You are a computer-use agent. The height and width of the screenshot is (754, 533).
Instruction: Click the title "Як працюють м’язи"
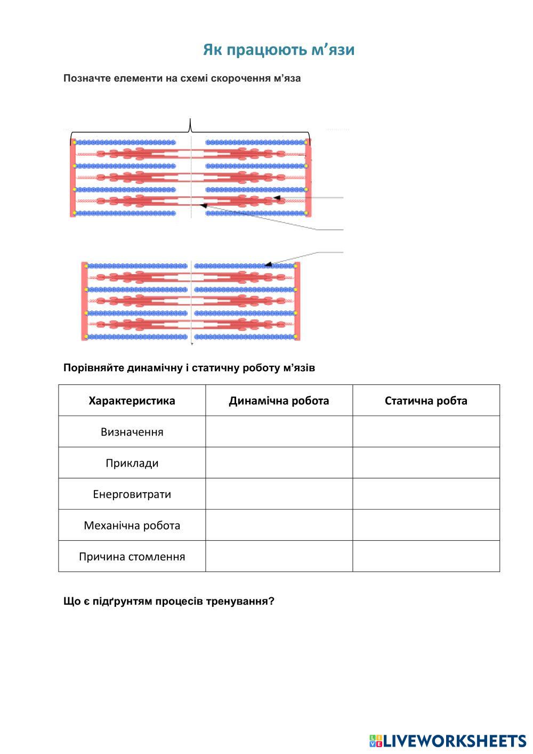tap(278, 50)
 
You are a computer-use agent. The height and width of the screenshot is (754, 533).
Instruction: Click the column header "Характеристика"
tap(132, 401)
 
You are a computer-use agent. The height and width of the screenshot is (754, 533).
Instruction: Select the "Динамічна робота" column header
tap(279, 401)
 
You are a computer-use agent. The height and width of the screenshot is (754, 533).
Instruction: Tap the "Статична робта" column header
tap(426, 401)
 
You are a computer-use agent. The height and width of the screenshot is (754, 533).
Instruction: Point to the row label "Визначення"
tap(132, 432)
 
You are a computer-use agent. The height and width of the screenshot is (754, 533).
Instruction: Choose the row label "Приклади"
tap(132, 463)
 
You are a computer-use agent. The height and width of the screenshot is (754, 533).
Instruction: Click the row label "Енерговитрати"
tap(132, 494)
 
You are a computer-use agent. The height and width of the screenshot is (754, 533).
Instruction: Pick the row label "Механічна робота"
tap(132, 526)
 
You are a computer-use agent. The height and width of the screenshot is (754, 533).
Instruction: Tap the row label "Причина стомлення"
tap(132, 557)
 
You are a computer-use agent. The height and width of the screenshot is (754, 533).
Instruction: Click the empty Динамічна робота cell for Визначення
tap(279, 432)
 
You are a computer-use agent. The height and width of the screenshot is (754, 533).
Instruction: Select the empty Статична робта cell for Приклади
tap(426, 463)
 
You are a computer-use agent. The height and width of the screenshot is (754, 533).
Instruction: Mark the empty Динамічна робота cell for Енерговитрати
tap(279, 494)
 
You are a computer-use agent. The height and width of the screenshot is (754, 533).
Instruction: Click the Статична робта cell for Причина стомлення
tap(426, 557)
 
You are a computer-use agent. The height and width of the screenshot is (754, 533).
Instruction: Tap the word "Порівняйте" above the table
tap(94, 368)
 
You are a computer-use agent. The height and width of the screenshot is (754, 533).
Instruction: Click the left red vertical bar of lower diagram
tap(84, 301)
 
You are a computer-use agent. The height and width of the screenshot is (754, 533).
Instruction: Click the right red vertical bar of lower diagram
tap(297, 301)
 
